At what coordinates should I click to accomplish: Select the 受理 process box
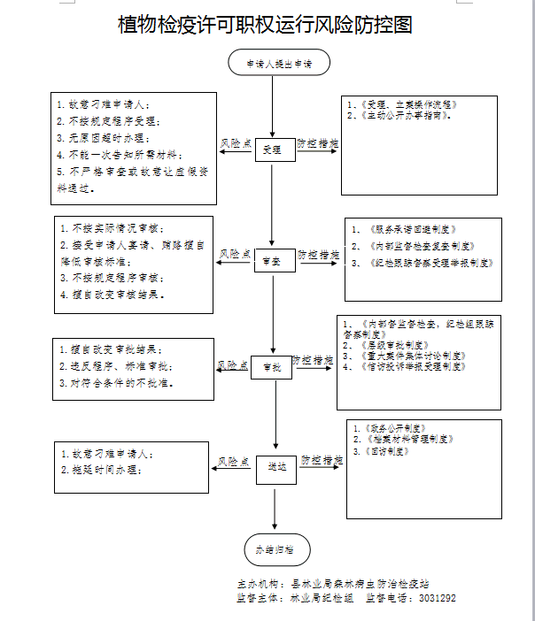[274, 150]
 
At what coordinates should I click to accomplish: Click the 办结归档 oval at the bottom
[276, 549]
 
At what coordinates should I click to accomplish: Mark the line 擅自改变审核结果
[112, 294]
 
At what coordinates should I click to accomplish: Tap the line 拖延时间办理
[101, 471]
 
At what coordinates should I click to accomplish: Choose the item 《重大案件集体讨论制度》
[404, 356]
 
